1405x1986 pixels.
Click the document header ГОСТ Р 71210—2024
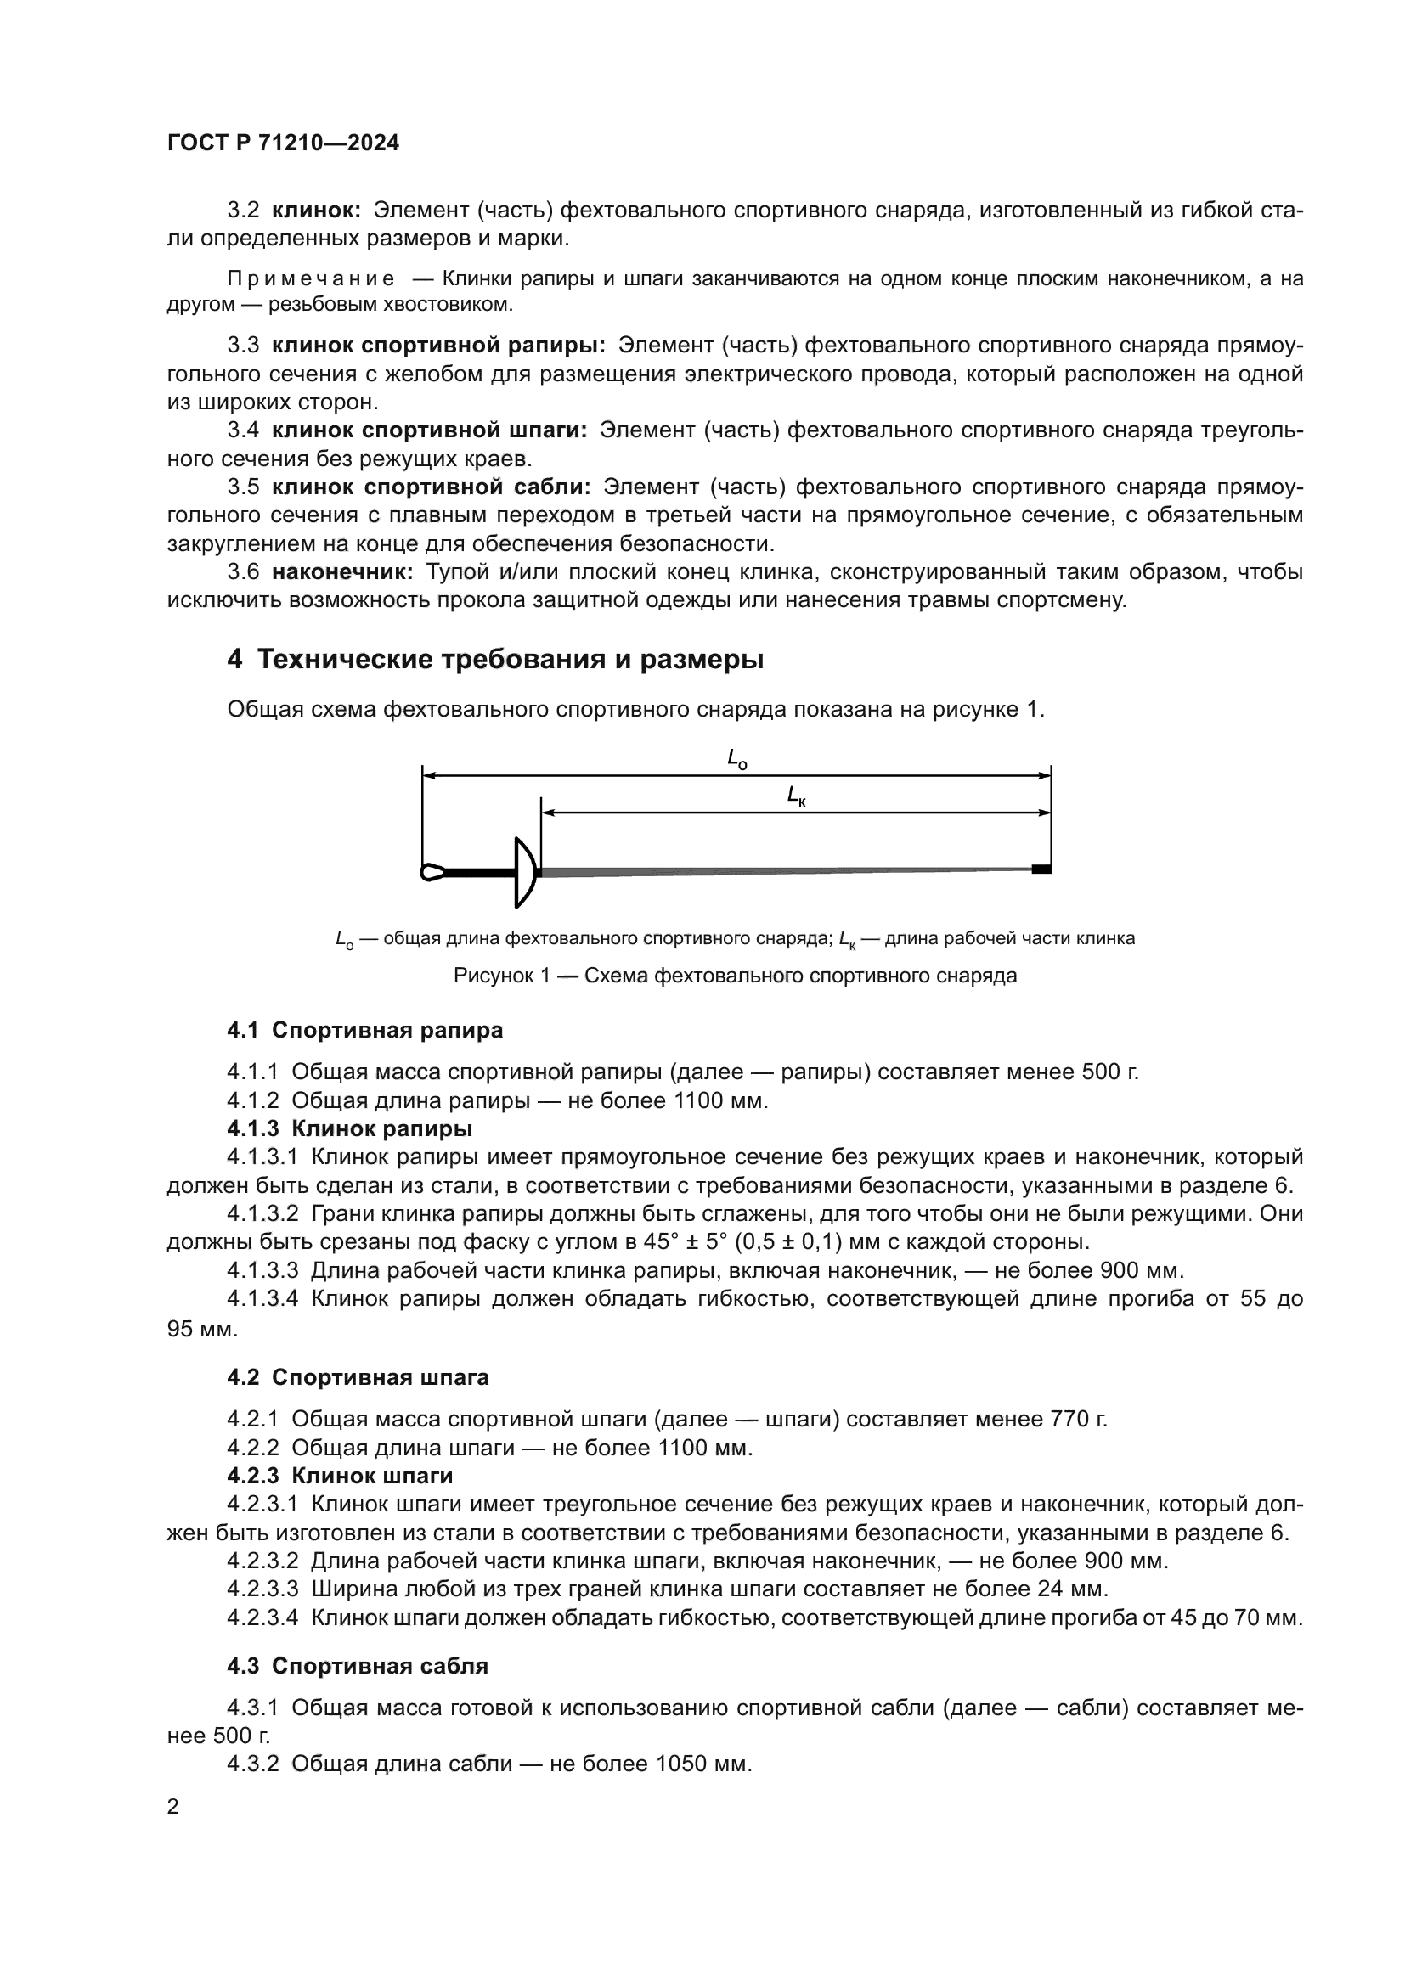click(x=283, y=143)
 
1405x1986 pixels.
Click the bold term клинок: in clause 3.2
click(x=317, y=211)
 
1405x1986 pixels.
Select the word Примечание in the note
click(x=312, y=278)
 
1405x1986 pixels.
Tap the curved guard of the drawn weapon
click(x=524, y=871)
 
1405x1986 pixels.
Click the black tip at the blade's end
click(x=1041, y=869)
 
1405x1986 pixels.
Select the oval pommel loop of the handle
click(x=432, y=872)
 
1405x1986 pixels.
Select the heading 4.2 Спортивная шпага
click(x=358, y=1377)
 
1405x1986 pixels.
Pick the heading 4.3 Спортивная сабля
click(x=358, y=1666)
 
